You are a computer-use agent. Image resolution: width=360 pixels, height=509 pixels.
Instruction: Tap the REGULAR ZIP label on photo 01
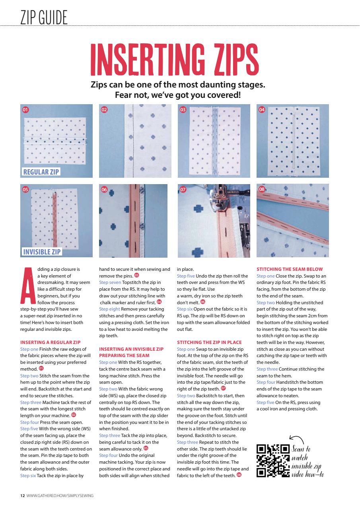[x=41, y=172]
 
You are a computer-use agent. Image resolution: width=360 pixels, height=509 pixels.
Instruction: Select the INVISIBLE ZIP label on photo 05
[x=42, y=252]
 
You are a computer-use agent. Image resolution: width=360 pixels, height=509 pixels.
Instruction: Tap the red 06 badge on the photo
[x=104, y=190]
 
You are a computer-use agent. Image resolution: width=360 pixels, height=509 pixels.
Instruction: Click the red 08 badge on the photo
[x=262, y=190]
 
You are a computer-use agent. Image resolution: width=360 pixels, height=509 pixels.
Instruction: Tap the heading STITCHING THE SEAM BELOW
[x=290, y=269]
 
